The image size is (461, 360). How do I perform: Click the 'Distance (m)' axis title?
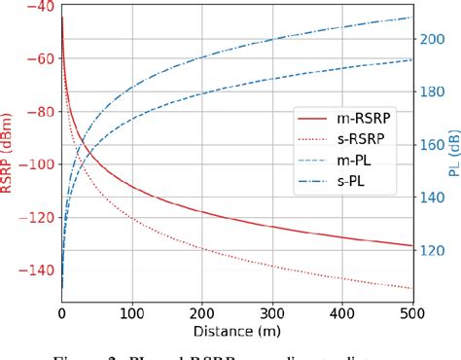click(x=236, y=332)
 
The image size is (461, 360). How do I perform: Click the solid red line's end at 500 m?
click(x=412, y=245)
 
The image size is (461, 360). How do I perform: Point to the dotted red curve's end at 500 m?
click(x=412, y=288)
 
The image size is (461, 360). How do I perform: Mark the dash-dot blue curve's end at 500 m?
click(x=412, y=17)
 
